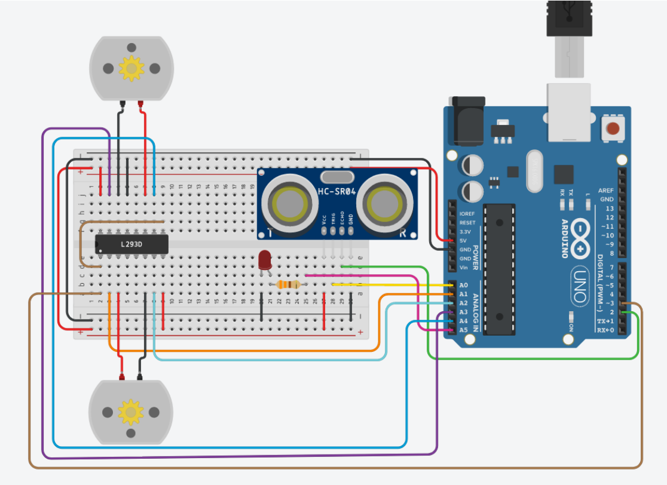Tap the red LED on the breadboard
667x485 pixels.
tap(265, 260)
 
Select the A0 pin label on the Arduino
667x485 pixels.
tap(463, 285)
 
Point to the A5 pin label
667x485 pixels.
tap(463, 330)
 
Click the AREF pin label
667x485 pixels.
tap(607, 189)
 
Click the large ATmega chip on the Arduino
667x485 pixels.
tap(498, 268)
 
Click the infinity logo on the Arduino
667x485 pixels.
tap(583, 232)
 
